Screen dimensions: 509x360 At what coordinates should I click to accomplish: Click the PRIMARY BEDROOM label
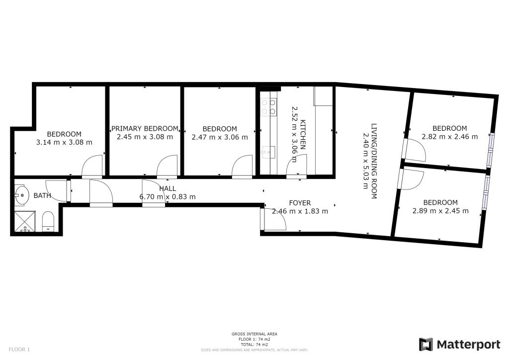145,129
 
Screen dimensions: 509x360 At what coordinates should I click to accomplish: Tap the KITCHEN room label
303,134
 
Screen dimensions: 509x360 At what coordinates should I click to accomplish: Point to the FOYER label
300,203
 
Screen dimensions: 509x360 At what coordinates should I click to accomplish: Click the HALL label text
168,188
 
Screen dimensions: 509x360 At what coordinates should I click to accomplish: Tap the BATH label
42,195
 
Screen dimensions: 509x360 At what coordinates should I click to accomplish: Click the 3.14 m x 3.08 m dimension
64,142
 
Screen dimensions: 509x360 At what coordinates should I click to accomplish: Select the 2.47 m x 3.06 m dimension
220,137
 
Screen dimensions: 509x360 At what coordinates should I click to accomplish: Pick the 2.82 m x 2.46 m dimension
449,137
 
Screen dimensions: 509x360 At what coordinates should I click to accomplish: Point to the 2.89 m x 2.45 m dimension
440,211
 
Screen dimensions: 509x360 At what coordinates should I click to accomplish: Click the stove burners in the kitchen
269,107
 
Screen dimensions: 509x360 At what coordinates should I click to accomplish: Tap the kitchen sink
268,152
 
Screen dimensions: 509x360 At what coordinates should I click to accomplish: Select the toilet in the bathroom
48,221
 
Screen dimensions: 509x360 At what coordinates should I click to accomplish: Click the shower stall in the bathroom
25,221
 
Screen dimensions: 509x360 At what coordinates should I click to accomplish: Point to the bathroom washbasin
22,195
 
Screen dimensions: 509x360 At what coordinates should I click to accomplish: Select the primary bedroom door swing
167,166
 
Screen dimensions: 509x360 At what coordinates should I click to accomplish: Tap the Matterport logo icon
426,345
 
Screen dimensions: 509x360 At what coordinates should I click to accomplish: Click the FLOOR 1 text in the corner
19,350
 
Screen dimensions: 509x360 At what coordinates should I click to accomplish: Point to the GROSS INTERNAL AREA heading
254,334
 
